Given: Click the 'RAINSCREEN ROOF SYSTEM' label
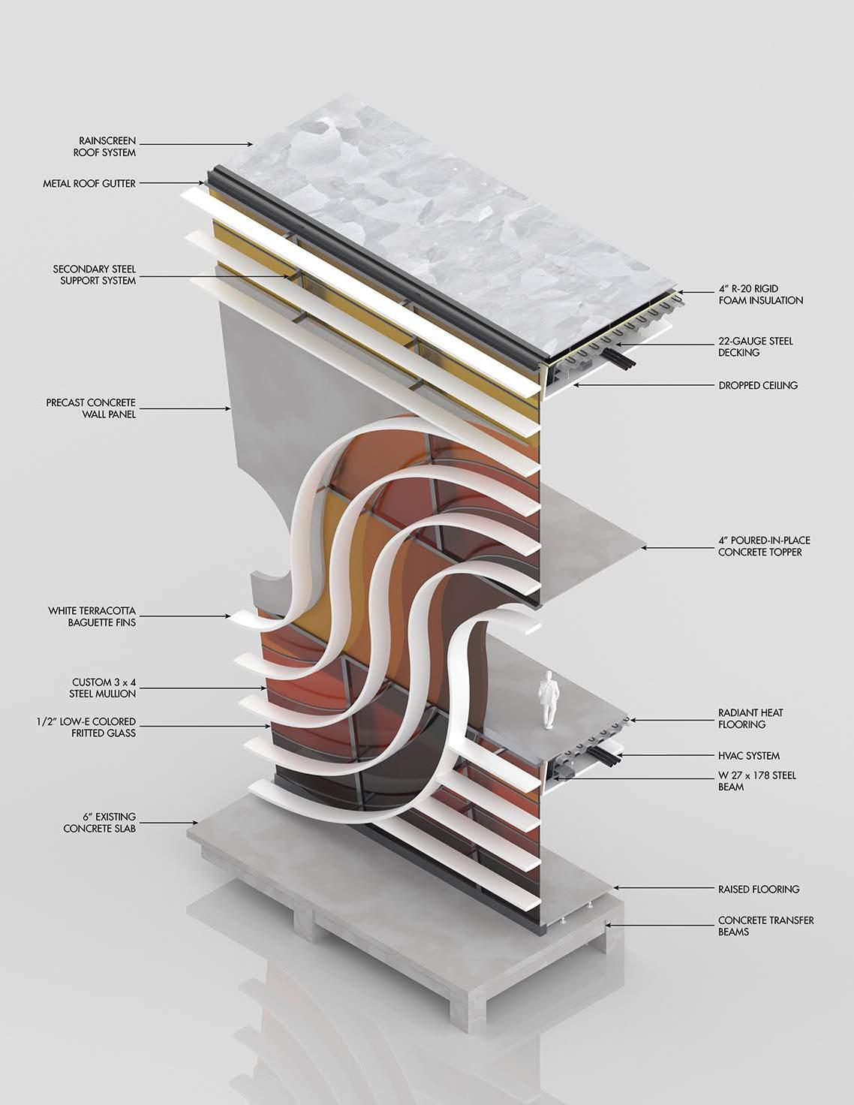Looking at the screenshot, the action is [107, 146].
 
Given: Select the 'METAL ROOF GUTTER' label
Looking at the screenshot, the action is [89, 183].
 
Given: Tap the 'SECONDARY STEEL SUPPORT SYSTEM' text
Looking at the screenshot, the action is [95, 275].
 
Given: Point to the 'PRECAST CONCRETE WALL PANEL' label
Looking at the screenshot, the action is [91, 408].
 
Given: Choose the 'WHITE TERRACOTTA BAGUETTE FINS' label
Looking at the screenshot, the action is [92, 616].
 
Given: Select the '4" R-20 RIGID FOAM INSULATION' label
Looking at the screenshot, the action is [760, 294].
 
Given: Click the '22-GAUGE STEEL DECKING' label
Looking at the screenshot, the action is [755, 347].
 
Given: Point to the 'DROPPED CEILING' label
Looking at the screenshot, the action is [758, 385].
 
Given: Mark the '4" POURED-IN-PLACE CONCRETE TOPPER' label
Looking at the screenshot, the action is [764, 546].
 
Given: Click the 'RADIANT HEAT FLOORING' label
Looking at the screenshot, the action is [750, 718].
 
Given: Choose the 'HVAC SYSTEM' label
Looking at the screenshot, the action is [749, 756].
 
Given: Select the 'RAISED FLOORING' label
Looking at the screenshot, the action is [759, 889].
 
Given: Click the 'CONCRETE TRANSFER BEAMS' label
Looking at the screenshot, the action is [765, 926].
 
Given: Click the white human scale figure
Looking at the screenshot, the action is [549, 699].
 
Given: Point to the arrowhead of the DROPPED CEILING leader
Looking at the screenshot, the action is [575, 384].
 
